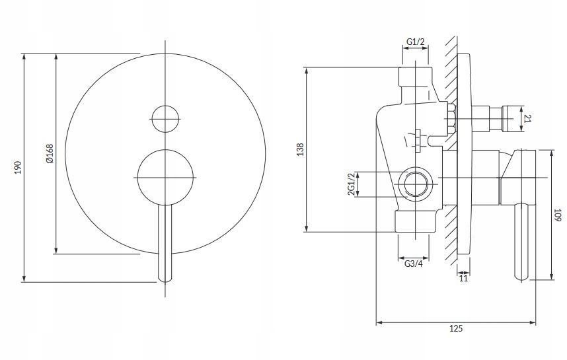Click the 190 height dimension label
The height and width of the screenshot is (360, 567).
coord(18,167)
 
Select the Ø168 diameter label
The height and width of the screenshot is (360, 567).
coord(50,154)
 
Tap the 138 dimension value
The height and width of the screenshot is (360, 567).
coord(301,150)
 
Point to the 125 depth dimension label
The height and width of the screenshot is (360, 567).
coord(455,328)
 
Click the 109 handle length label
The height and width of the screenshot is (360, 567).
coord(558,215)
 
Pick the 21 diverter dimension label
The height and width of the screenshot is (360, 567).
coord(527,118)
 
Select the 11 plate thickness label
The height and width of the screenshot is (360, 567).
coord(464,278)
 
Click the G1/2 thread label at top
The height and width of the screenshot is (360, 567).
coord(416,42)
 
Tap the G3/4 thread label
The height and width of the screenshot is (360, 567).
coord(413,264)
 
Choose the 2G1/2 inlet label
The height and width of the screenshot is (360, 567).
coord(351,184)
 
